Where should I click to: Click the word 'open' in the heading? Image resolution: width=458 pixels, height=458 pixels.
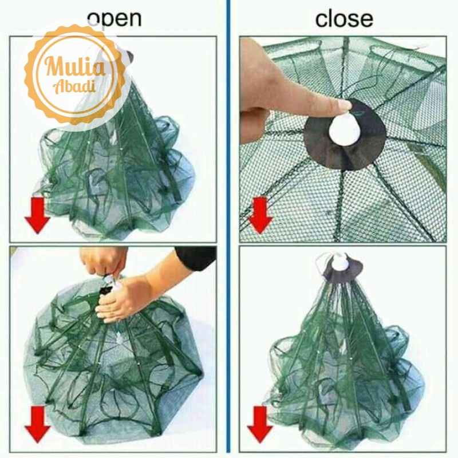(114, 18)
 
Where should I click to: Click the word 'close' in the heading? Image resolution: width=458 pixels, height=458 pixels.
(344, 18)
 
